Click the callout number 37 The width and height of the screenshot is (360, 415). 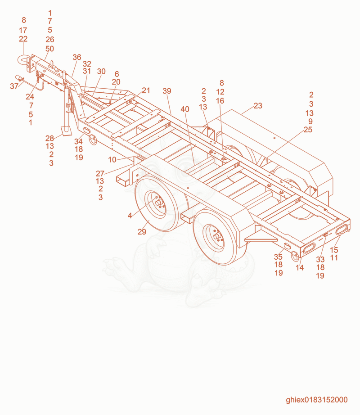(14, 86)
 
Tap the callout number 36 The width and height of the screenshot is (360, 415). (76, 57)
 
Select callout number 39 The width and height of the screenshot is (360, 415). (167, 91)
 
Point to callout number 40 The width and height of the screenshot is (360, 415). (185, 109)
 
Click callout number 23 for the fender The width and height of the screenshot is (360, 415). (258, 106)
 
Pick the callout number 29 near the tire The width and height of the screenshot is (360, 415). (142, 232)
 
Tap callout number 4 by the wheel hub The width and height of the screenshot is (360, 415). (130, 216)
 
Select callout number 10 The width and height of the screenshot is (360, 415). (112, 160)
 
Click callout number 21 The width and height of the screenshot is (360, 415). (146, 90)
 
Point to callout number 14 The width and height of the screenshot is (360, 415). (299, 267)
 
